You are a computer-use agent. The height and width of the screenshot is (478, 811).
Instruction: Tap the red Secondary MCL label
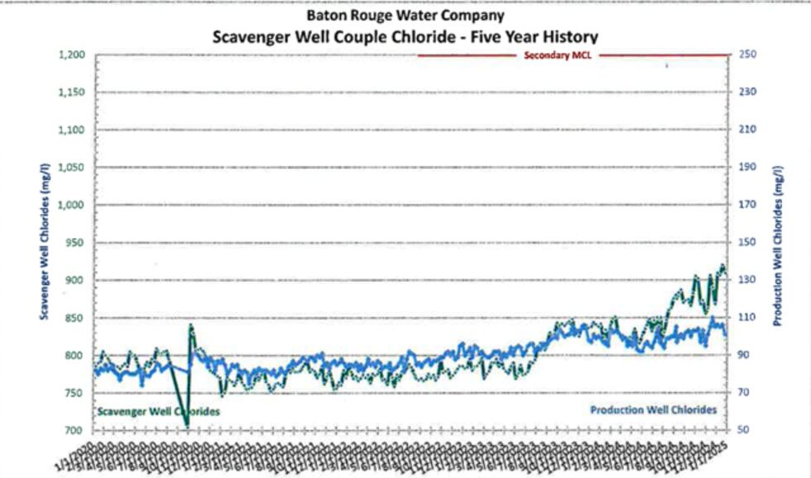pos(554,55)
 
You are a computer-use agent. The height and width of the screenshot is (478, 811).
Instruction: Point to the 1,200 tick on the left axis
pos(72,55)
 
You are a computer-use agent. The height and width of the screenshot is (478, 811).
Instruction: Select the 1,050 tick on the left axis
pos(72,168)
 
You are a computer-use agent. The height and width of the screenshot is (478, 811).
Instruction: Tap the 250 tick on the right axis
pos(746,55)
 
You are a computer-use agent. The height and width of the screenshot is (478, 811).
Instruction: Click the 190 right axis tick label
pos(746,168)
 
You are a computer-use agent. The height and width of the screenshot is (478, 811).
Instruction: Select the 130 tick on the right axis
pos(746,280)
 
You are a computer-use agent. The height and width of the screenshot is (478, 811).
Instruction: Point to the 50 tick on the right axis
pos(744,431)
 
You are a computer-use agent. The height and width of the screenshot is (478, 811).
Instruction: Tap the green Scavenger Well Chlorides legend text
pos(158,411)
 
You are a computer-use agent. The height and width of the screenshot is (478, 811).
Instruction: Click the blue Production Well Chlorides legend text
pos(653,409)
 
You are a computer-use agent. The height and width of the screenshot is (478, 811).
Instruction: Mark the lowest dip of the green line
pos(187,425)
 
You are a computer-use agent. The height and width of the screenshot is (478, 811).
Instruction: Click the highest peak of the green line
pos(722,265)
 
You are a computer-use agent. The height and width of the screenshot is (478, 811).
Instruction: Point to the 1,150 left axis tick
pos(72,93)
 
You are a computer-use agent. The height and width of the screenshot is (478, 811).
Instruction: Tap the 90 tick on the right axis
pos(744,356)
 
